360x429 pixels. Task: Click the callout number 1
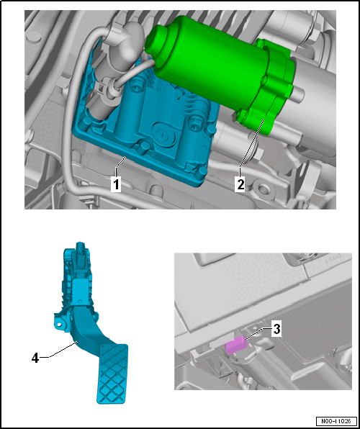[x=117, y=184]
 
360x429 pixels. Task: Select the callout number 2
[x=240, y=184]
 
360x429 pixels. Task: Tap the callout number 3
[x=276, y=330]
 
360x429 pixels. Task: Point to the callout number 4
[x=35, y=358]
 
